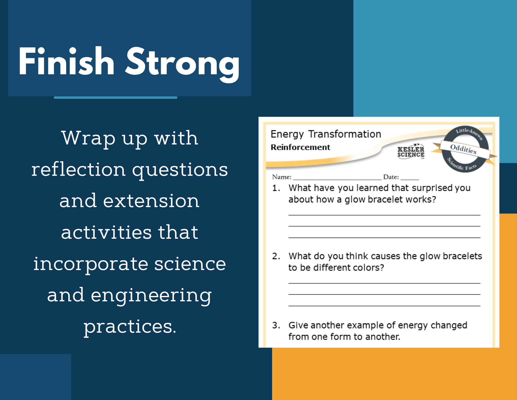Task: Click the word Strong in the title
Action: pyautogui.click(x=183, y=65)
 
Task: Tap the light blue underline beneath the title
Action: pyautogui.click(x=116, y=98)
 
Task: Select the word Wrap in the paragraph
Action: pyautogui.click(x=88, y=138)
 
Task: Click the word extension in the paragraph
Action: pyautogui.click(x=151, y=201)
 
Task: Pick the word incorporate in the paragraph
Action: pyautogui.click(x=91, y=264)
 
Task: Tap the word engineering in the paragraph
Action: pyautogui.click(x=151, y=295)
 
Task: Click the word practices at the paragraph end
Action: pyautogui.click(x=130, y=327)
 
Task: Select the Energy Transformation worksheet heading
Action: pyautogui.click(x=326, y=134)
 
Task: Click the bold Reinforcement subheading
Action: pyautogui.click(x=300, y=147)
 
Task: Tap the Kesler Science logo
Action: pyautogui.click(x=411, y=152)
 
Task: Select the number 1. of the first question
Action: pyautogui.click(x=276, y=188)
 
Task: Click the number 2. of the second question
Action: pyautogui.click(x=276, y=256)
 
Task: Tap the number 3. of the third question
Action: pyautogui.click(x=276, y=325)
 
